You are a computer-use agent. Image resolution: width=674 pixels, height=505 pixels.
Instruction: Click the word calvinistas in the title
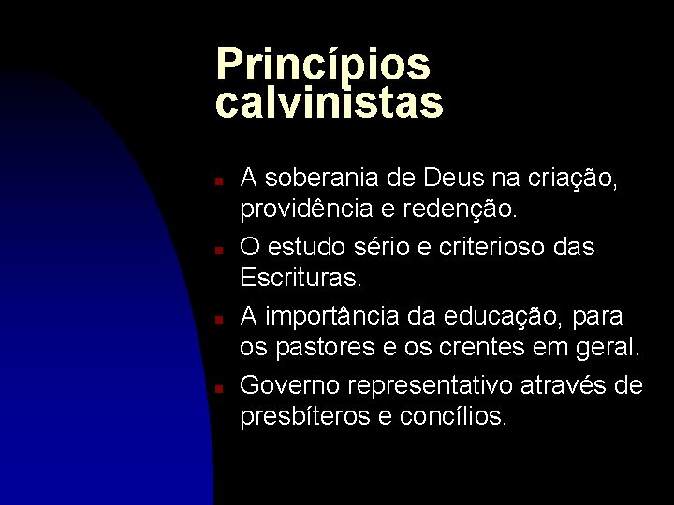(329, 103)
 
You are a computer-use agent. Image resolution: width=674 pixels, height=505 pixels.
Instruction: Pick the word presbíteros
(306, 416)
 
